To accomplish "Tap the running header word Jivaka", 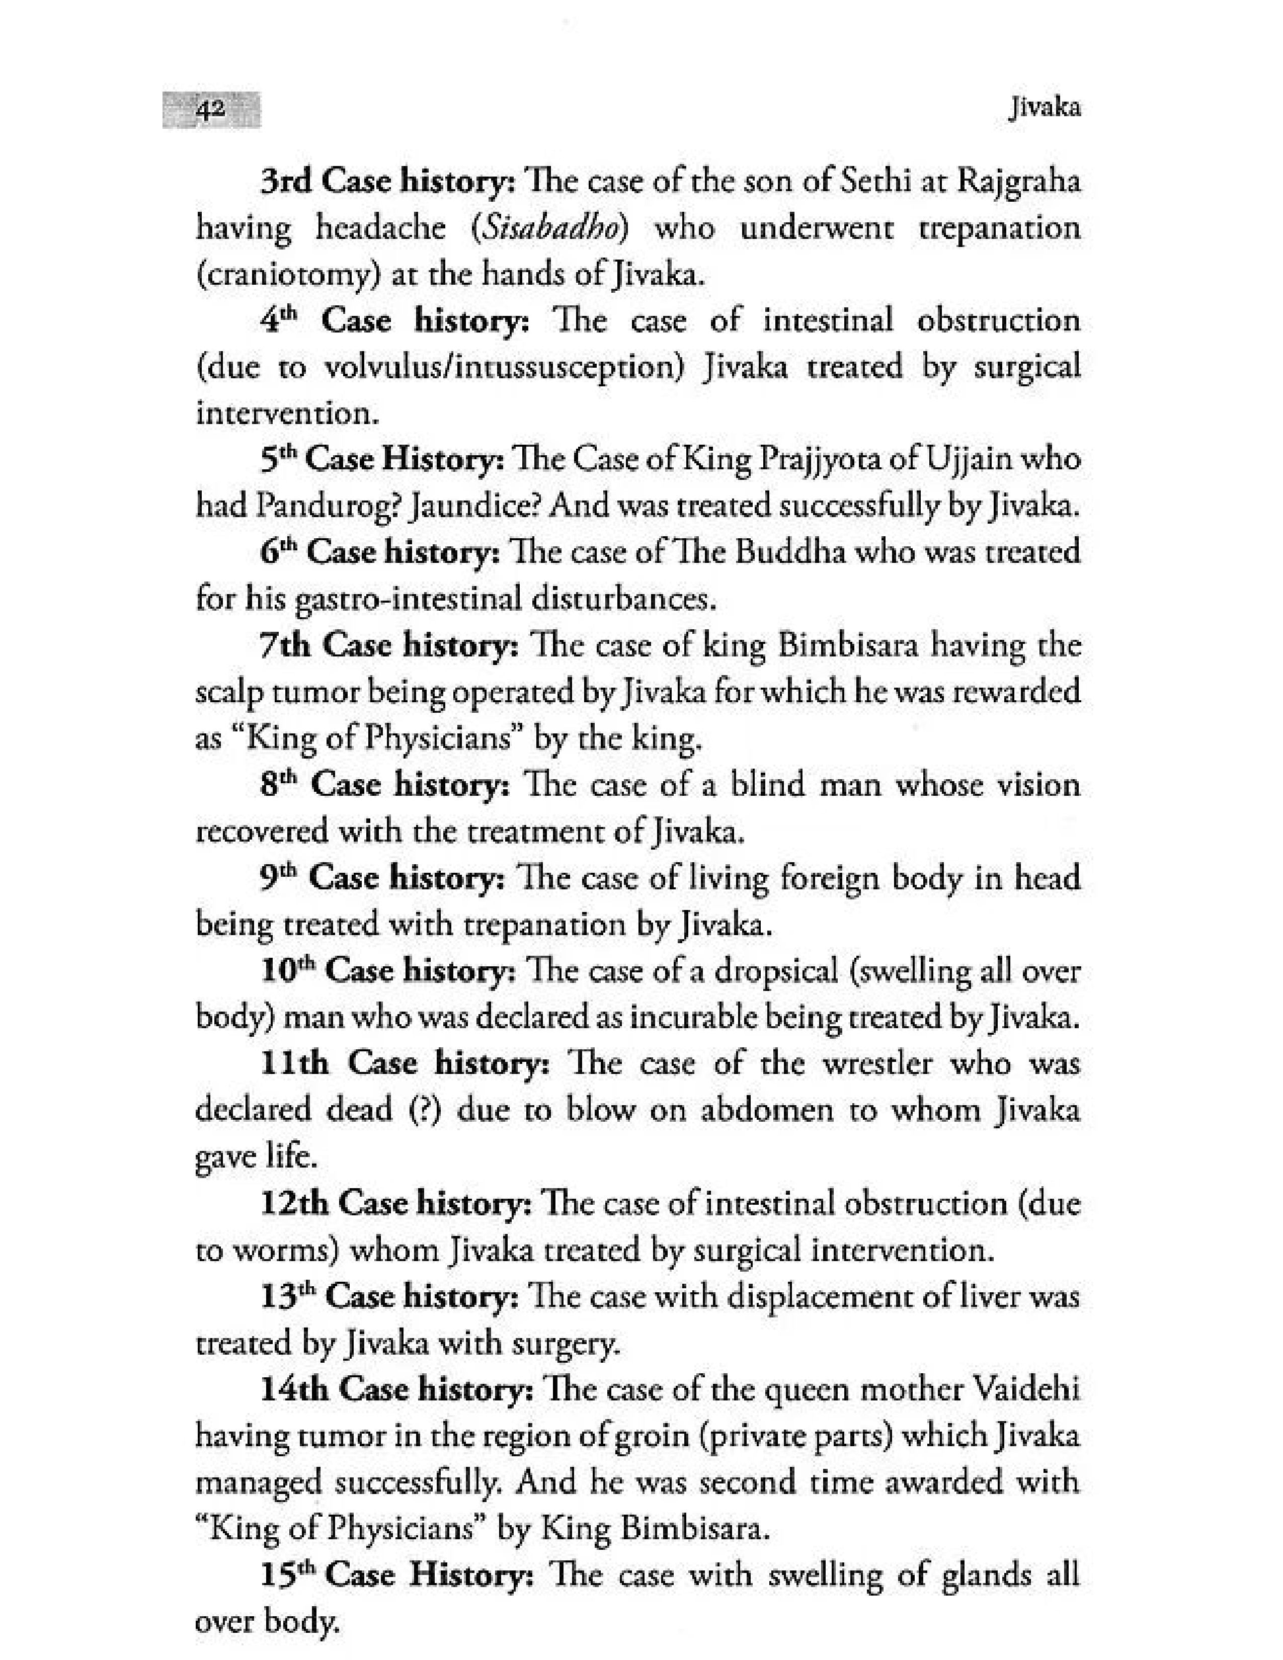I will pos(1045,109).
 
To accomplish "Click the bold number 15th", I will pos(289,1575).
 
